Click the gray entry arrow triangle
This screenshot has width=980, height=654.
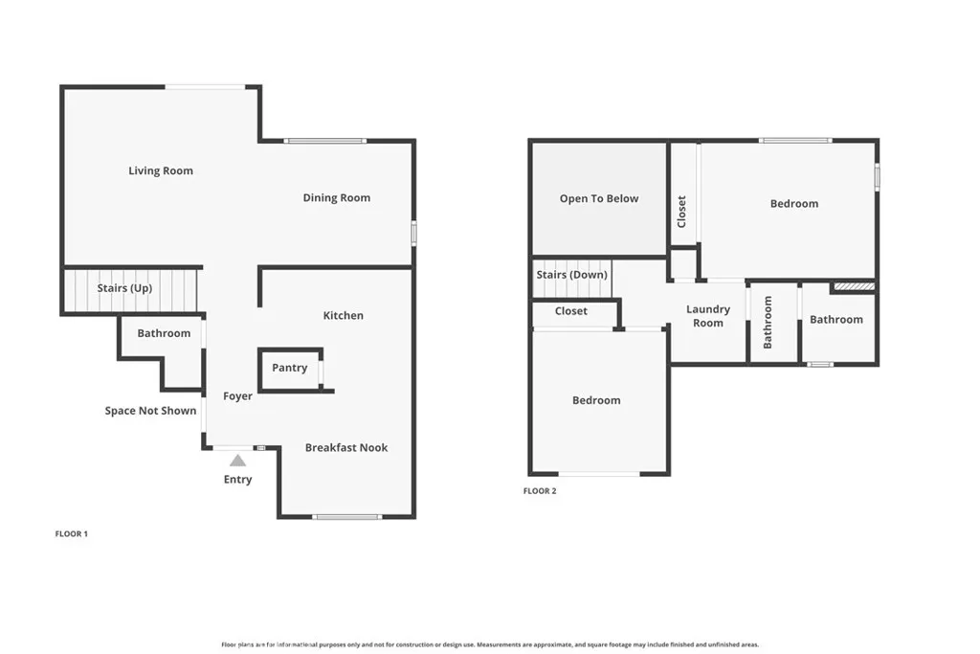pyautogui.click(x=237, y=461)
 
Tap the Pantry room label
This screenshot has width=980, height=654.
pyautogui.click(x=289, y=368)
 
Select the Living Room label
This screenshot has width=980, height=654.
pyautogui.click(x=161, y=171)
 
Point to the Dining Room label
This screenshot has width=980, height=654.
pyautogui.click(x=336, y=198)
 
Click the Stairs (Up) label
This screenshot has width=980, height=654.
pyautogui.click(x=124, y=288)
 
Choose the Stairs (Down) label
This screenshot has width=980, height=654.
pyautogui.click(x=571, y=275)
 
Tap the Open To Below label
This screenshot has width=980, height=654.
pyautogui.click(x=598, y=199)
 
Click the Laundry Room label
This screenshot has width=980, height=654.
pyautogui.click(x=708, y=316)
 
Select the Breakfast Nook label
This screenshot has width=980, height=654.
pyautogui.click(x=346, y=447)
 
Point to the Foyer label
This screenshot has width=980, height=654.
pyautogui.click(x=237, y=396)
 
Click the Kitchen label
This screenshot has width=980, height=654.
pyautogui.click(x=343, y=316)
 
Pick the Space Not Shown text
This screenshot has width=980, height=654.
pyautogui.click(x=150, y=411)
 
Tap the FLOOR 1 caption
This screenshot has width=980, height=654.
pyautogui.click(x=71, y=534)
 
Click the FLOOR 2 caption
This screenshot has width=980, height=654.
pyautogui.click(x=539, y=491)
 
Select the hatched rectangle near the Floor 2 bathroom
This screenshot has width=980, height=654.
pyautogui.click(x=853, y=285)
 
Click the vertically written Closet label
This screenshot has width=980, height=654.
pyautogui.click(x=682, y=212)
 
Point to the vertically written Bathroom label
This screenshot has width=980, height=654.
pyautogui.click(x=768, y=322)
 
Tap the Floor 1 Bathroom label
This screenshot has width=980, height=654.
pyautogui.click(x=164, y=333)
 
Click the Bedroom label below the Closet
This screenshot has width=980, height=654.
pyautogui.click(x=596, y=400)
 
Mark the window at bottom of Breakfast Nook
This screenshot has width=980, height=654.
pyautogui.click(x=346, y=517)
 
